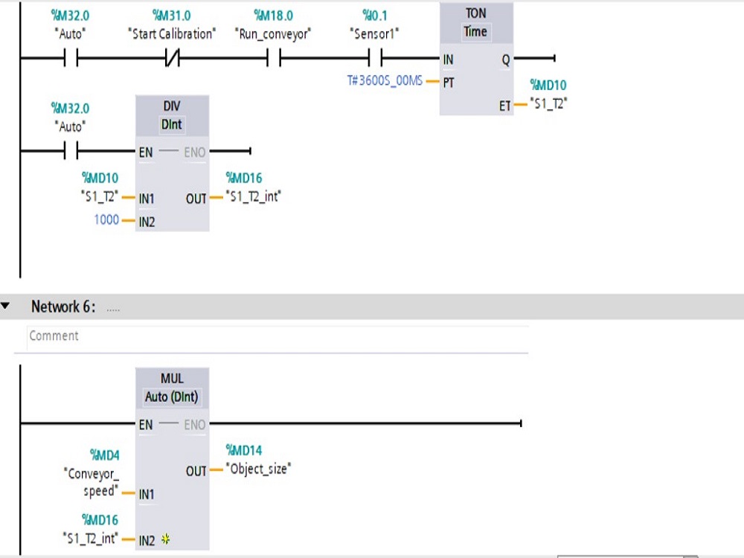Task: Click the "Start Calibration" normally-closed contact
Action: coord(172,59)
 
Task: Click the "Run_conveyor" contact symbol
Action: coord(273,59)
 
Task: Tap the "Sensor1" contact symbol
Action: coord(375,59)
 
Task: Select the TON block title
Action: coord(475,13)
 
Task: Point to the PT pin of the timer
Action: coord(449,83)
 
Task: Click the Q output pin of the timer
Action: coord(506,60)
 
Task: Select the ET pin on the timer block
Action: coord(505,106)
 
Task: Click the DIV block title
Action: coord(172,106)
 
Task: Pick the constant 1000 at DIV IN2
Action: coord(106,220)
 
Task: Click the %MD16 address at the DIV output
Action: coord(244,179)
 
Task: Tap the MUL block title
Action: coord(172,379)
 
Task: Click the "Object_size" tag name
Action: coord(260,469)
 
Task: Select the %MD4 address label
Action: coord(104,455)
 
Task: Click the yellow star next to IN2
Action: coord(165,540)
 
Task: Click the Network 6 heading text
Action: coord(63,307)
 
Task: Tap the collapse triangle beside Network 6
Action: coord(6,307)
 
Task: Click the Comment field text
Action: coord(54,336)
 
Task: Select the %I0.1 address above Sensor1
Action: coord(375,14)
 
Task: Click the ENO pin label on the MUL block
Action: coord(194,425)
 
